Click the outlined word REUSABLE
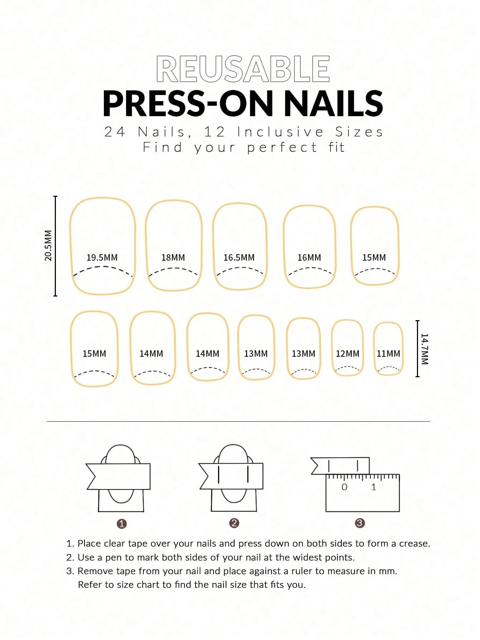(x=243, y=68)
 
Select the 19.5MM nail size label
(x=102, y=257)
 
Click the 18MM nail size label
(x=173, y=257)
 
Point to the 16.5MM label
(x=239, y=257)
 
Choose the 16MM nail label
(x=309, y=257)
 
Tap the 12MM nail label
(x=347, y=354)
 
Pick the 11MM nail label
(x=388, y=354)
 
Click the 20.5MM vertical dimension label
(x=48, y=246)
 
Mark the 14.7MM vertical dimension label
(x=424, y=349)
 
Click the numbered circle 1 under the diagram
(x=122, y=524)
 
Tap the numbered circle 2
(x=234, y=523)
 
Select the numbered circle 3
(x=360, y=523)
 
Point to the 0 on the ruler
(x=344, y=487)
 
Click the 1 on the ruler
(x=374, y=487)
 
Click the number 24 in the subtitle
(x=115, y=132)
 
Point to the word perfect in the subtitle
(x=282, y=147)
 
